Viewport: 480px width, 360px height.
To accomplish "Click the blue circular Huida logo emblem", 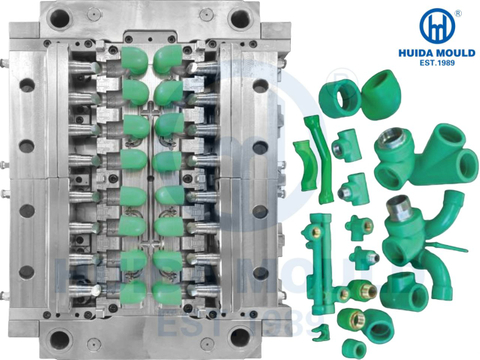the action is pos(437,26).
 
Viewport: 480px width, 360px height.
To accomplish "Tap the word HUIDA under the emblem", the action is pos(416,53).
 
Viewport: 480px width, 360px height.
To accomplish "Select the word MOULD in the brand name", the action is pos(456,53).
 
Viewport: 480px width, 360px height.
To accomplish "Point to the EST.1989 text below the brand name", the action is pos(437,63).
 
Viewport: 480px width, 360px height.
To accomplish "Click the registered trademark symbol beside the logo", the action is pos(458,13).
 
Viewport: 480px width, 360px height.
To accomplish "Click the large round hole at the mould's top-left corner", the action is pos(59,18).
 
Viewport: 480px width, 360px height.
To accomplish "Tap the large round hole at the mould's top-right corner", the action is pos(240,18).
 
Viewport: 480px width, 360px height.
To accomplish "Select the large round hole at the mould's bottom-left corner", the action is pos(60,339).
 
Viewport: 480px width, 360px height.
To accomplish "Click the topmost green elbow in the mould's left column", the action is pos(134,61).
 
